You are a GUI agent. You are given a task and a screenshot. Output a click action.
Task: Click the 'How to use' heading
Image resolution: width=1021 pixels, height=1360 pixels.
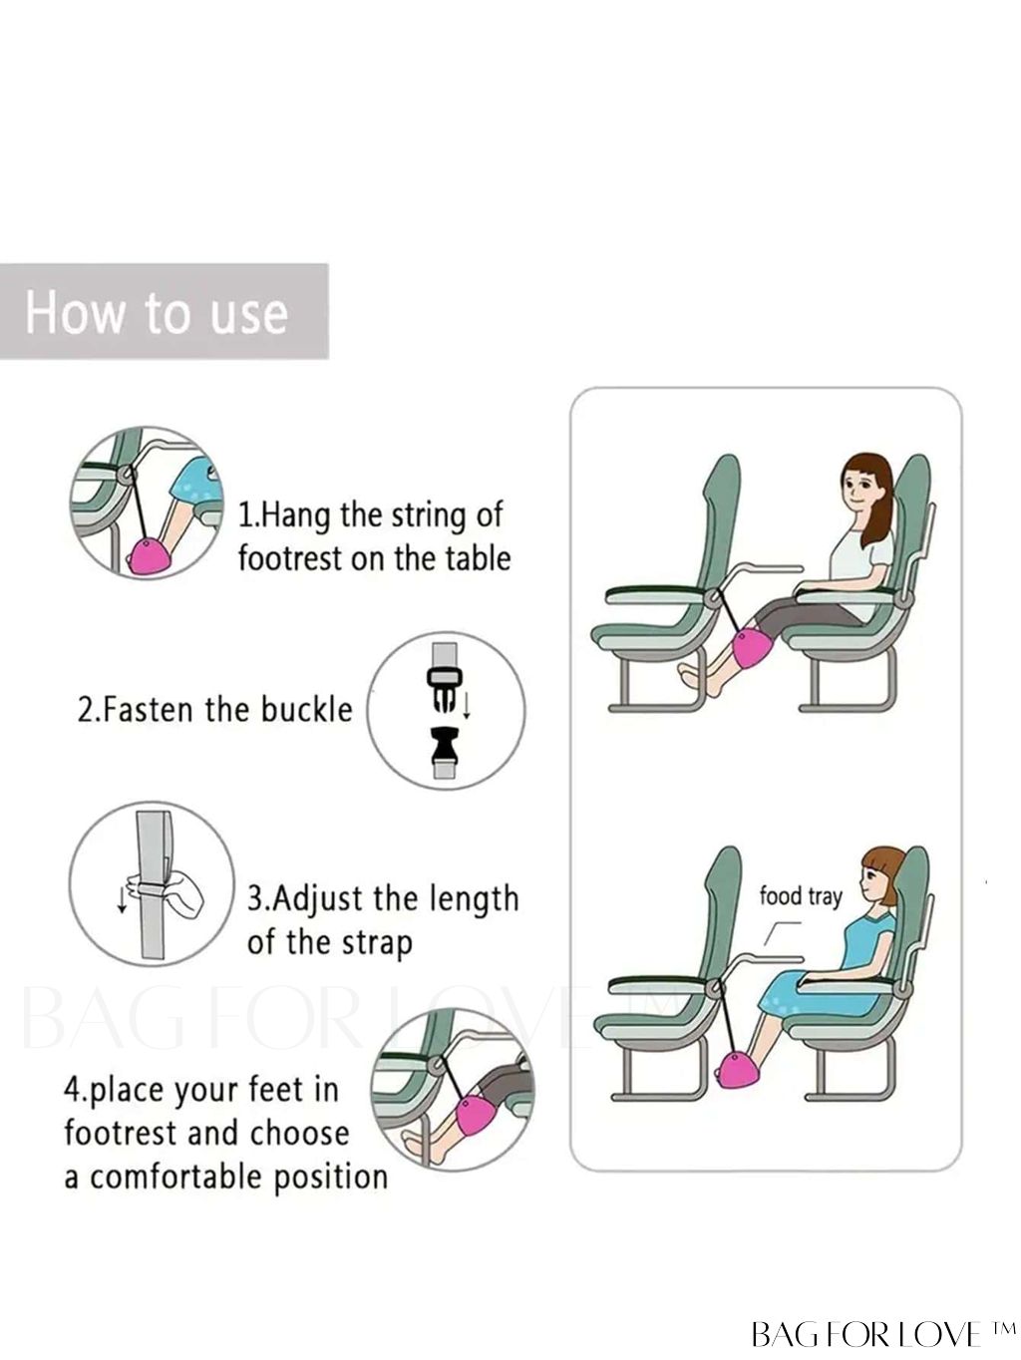(157, 312)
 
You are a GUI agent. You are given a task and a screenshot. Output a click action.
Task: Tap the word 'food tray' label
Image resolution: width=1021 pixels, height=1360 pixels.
(801, 896)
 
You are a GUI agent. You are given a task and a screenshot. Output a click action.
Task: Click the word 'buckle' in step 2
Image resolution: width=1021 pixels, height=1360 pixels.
(307, 709)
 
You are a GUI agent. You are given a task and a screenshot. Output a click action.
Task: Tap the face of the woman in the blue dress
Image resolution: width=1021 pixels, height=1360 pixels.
(878, 884)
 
